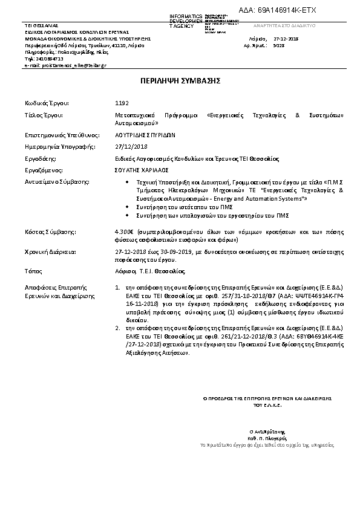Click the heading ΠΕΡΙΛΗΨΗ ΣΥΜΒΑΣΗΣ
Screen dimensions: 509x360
tap(180, 80)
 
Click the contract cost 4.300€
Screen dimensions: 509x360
tap(124, 231)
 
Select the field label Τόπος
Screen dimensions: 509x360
tap(33, 271)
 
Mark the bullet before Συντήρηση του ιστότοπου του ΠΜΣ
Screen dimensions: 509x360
tap(126, 207)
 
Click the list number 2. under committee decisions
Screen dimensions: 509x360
tap(117, 327)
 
